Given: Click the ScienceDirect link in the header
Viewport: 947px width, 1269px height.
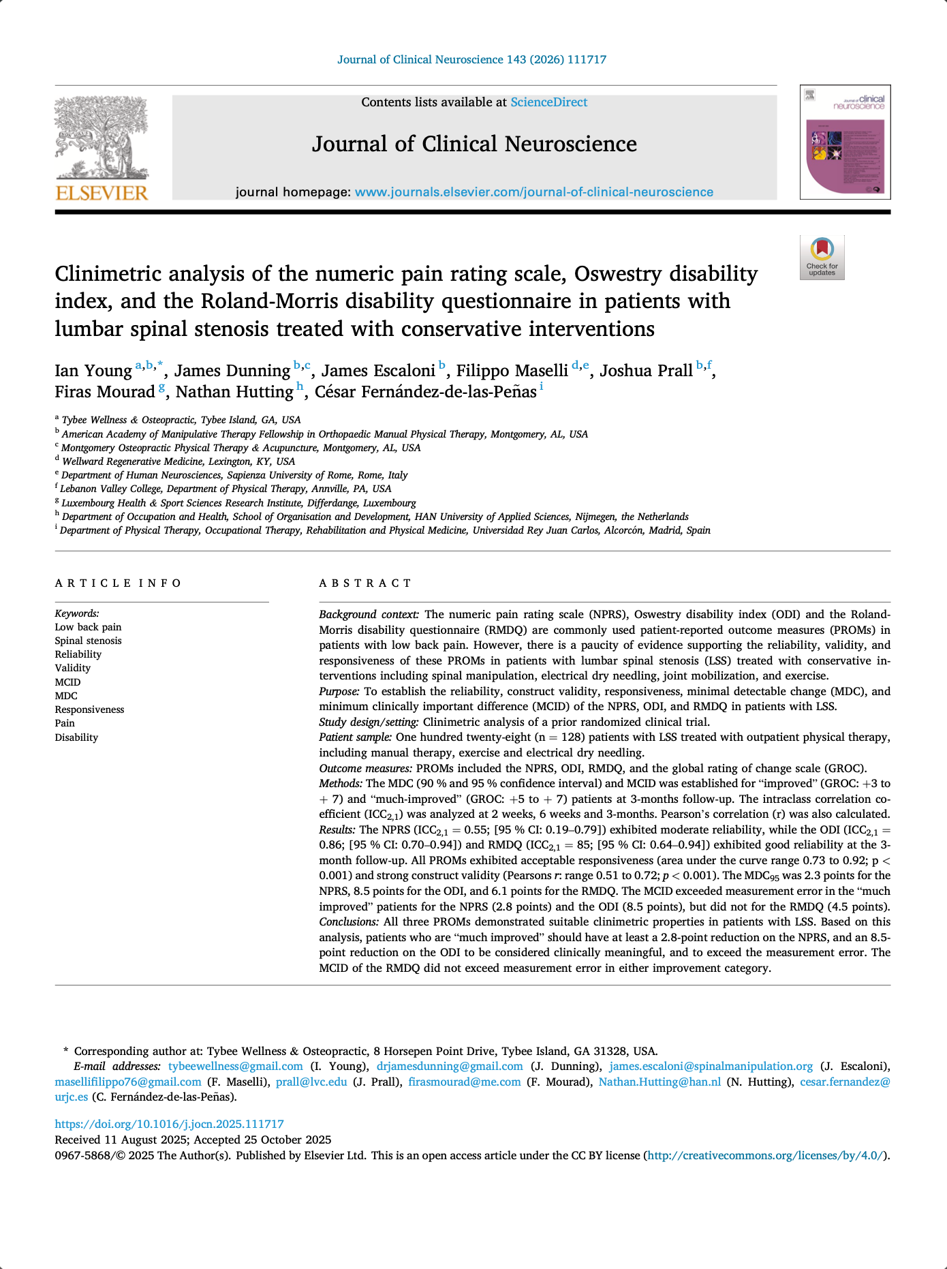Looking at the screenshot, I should (548, 102).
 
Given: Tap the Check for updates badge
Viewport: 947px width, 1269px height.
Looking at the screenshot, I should (822, 258).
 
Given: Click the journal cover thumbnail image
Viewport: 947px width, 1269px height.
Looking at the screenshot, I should (845, 142).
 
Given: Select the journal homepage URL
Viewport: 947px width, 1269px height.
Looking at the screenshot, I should (533, 192).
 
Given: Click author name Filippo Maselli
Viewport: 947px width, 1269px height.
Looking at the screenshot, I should (512, 371).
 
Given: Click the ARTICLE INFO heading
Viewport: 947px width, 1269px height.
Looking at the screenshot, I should (118, 583).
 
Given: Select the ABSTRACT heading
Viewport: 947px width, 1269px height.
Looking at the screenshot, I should (365, 583).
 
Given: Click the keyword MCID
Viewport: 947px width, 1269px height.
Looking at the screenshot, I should (67, 682).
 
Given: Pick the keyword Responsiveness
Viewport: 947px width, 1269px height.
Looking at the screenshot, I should (89, 709).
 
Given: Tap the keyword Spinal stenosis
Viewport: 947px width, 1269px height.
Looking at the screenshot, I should (88, 641).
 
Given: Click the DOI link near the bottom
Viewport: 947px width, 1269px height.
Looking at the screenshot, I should (169, 1125).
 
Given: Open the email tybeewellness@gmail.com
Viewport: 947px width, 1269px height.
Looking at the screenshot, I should (235, 1067).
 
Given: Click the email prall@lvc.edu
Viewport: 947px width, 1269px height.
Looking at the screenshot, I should (311, 1082).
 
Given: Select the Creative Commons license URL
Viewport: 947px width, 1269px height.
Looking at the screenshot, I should (766, 1156).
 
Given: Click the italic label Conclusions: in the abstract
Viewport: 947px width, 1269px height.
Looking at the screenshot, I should (349, 922).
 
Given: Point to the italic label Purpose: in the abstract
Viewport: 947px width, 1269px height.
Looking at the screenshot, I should (339, 692).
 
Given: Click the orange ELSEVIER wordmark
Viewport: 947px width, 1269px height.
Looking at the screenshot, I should (101, 193).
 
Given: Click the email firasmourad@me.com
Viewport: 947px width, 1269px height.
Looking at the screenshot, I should (464, 1082).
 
